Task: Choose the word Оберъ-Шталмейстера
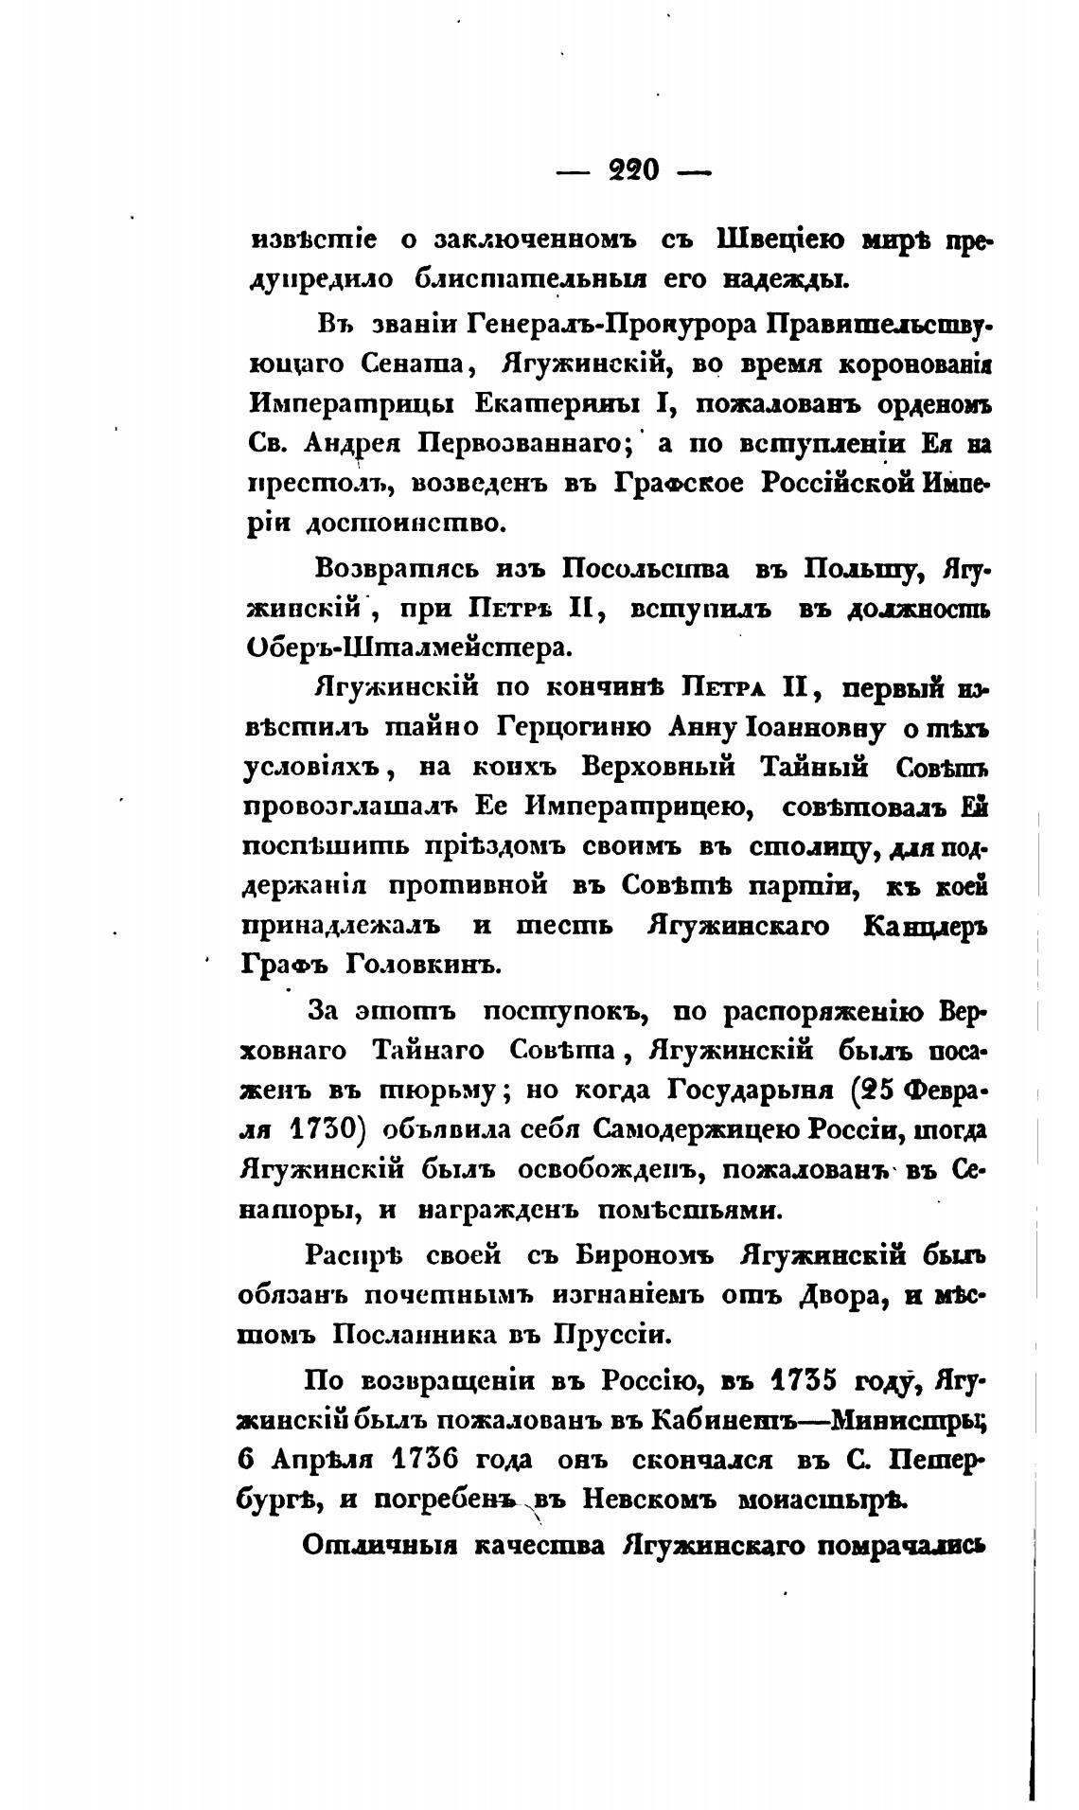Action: click(409, 648)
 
